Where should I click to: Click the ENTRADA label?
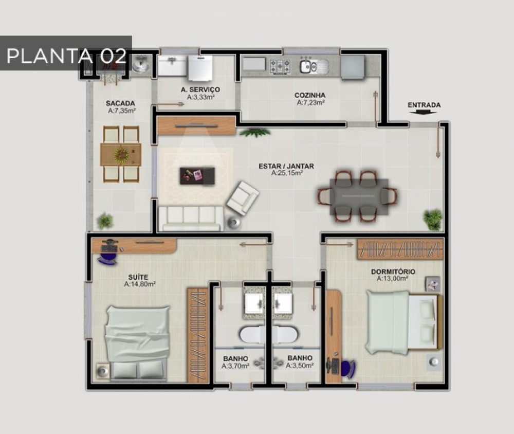click(424, 105)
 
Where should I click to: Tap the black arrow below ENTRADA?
click(424, 112)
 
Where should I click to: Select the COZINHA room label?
click(310, 95)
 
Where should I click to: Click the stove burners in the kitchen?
click(280, 67)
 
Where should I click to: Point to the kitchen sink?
click(314, 66)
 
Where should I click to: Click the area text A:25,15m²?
click(287, 173)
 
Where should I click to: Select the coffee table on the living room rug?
click(197, 176)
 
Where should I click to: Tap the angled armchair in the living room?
click(243, 198)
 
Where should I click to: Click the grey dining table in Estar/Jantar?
click(359, 196)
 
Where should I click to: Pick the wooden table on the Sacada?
click(121, 154)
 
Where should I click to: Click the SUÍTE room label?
click(138, 277)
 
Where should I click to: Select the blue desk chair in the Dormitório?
click(347, 368)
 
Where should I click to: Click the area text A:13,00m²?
click(392, 279)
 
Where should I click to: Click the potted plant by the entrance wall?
click(433, 220)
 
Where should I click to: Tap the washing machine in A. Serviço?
click(200, 68)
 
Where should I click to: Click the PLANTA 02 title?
click(66, 56)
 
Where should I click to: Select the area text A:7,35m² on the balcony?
click(122, 111)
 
